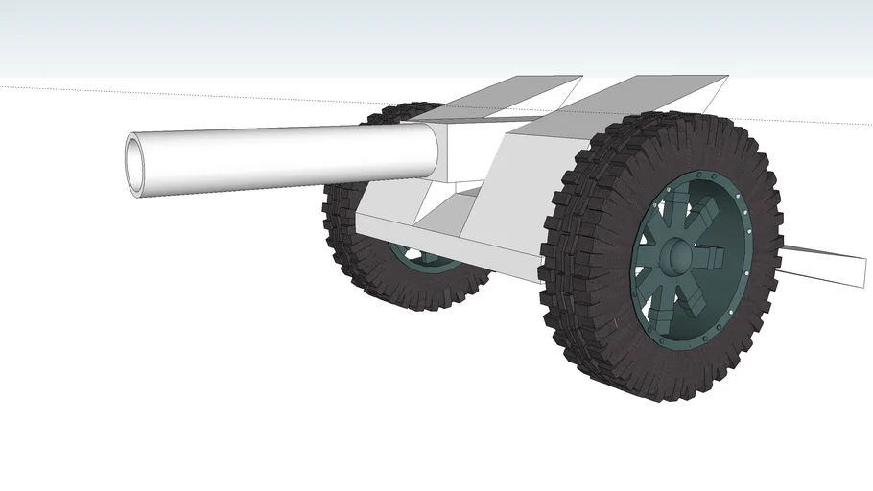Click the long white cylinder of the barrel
tap(288, 155)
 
